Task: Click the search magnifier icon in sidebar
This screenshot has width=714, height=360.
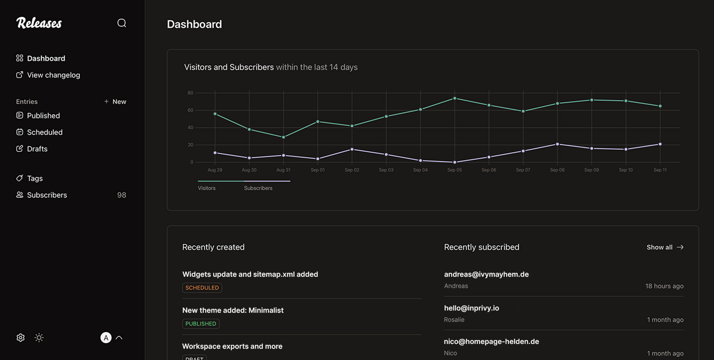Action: [x=122, y=23]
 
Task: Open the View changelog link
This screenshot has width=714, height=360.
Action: [x=53, y=75]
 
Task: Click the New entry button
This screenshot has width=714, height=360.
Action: [x=115, y=102]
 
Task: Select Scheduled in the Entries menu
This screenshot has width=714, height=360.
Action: [x=44, y=132]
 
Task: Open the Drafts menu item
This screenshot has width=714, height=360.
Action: [x=37, y=149]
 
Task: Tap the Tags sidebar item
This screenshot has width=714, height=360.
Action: [x=34, y=178]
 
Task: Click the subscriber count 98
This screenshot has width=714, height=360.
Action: [x=122, y=195]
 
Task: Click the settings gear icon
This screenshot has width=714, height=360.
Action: [x=21, y=337]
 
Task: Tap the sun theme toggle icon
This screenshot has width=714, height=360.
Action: [x=39, y=337]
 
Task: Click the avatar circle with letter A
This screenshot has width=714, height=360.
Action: [x=106, y=337]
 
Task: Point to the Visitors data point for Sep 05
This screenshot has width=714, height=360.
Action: [x=454, y=98]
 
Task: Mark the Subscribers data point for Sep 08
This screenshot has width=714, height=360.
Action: [x=557, y=144]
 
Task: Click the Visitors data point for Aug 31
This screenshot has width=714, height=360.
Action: [x=283, y=137]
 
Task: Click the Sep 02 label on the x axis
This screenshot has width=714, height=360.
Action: [x=352, y=170]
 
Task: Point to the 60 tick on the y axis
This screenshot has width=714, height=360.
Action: [x=190, y=110]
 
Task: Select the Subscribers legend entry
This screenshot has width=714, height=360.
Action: [x=258, y=188]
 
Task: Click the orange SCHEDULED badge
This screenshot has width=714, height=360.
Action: [x=202, y=288]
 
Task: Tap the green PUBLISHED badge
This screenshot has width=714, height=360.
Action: [x=201, y=324]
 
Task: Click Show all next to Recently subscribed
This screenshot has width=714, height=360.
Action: [x=665, y=247]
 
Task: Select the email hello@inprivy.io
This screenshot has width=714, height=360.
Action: [x=471, y=308]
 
